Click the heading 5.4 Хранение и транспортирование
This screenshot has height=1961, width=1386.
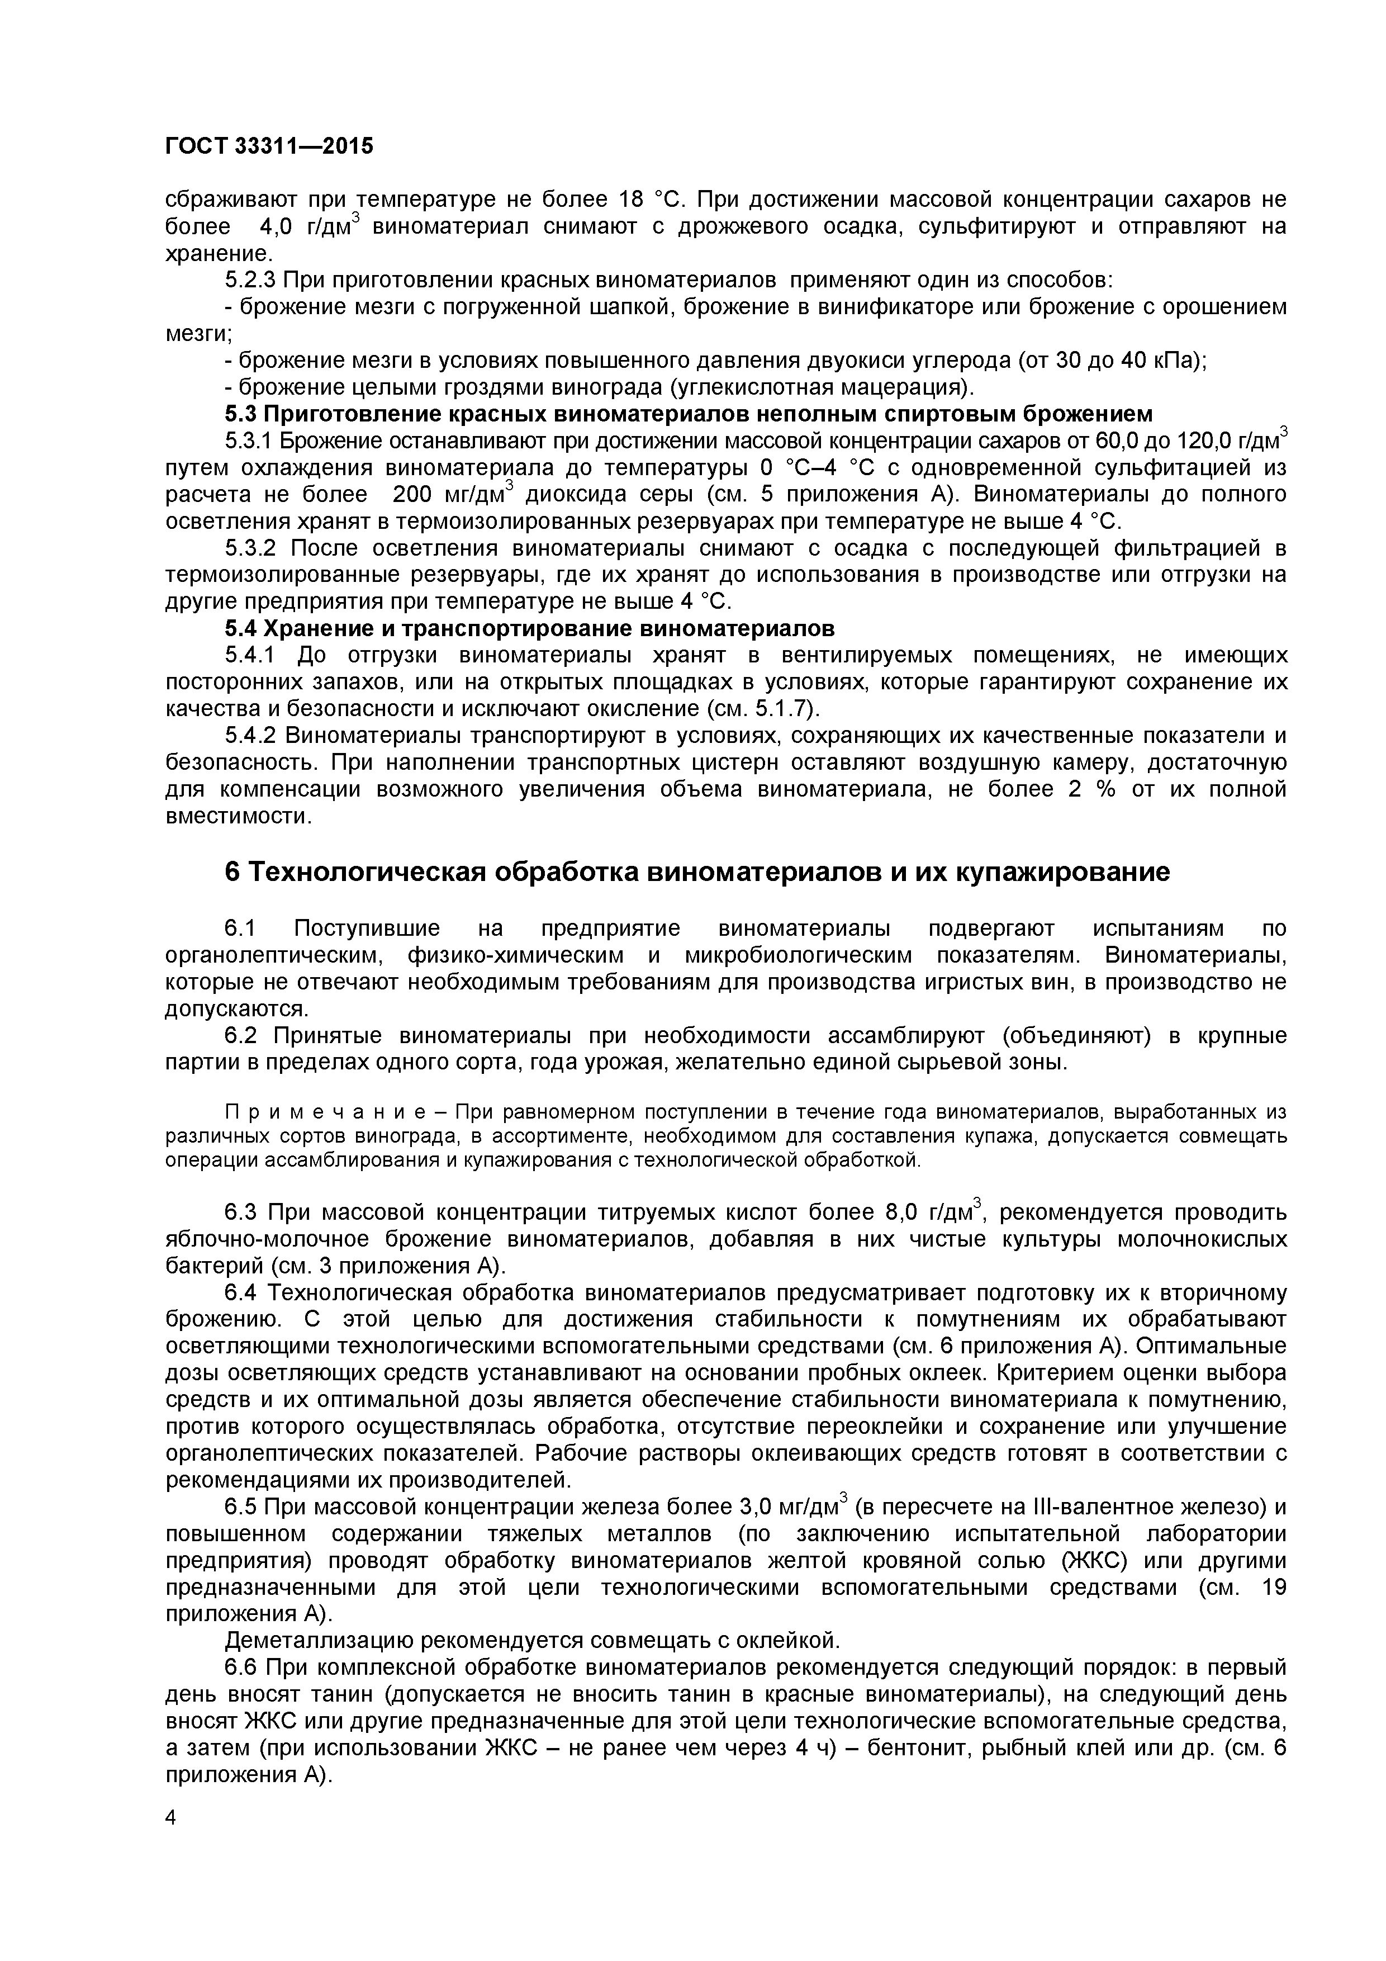tap(529, 629)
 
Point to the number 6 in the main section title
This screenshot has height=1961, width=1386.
tap(231, 873)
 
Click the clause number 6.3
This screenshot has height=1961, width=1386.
tap(241, 1213)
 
